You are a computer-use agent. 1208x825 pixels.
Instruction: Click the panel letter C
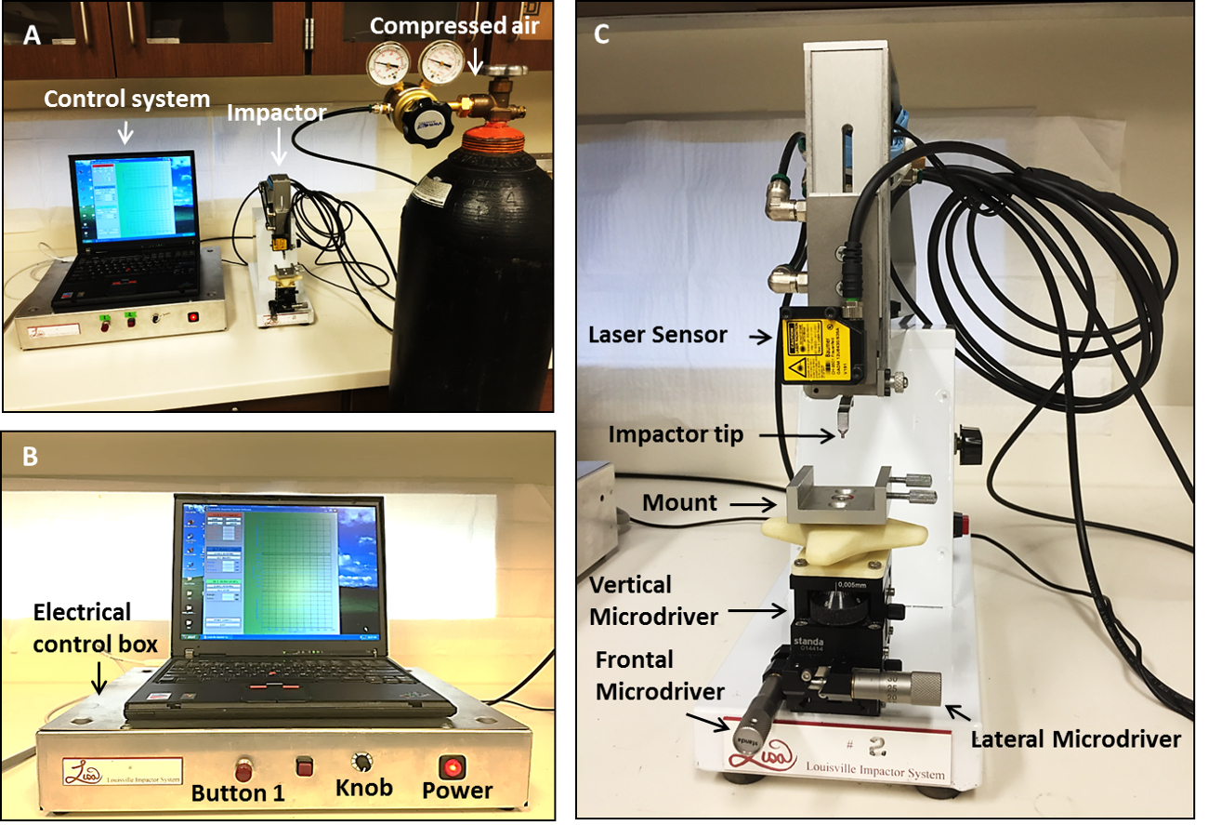point(602,34)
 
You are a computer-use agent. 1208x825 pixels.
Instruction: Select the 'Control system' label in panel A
point(128,99)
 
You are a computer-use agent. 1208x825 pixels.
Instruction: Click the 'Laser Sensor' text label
point(658,335)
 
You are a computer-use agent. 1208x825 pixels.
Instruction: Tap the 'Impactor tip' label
point(676,434)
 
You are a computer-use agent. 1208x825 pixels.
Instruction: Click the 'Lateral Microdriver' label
point(1075,739)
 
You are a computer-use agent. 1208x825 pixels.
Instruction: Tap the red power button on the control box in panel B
point(453,767)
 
